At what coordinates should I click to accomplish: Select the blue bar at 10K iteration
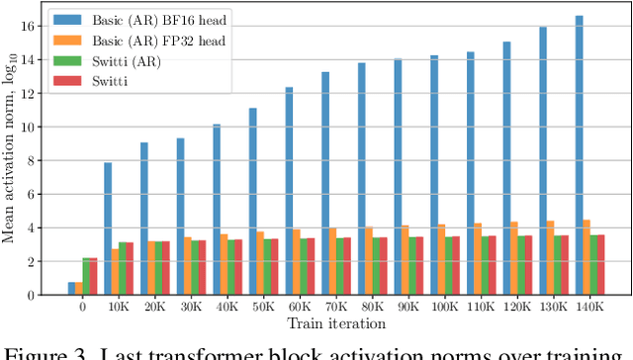coord(108,228)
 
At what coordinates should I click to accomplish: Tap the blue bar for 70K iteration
coord(324,183)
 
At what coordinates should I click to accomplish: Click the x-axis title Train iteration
coord(336,323)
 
